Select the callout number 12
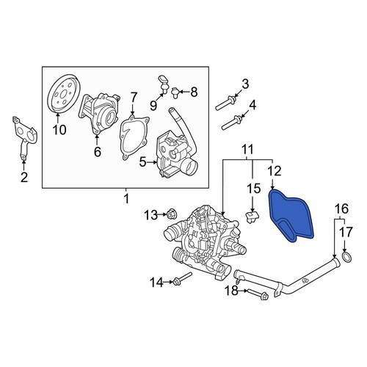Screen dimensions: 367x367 (275, 171)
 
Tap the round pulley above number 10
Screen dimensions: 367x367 (64, 94)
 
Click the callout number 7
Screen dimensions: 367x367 (133, 98)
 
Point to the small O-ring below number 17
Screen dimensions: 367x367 (346, 258)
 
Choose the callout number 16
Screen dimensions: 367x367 (341, 208)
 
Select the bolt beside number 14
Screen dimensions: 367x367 (182, 279)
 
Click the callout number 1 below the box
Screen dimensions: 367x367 (126, 199)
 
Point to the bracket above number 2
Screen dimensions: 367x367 (23, 138)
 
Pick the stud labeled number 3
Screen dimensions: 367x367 (226, 103)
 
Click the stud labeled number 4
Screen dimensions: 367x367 (232, 123)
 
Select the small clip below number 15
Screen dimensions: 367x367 (252, 217)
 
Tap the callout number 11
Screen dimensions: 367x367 (247, 150)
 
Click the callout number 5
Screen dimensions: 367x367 (142, 162)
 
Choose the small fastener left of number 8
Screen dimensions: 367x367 (175, 92)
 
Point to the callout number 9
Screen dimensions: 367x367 (153, 106)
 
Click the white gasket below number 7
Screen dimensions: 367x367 (134, 138)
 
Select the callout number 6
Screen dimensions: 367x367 (98, 152)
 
